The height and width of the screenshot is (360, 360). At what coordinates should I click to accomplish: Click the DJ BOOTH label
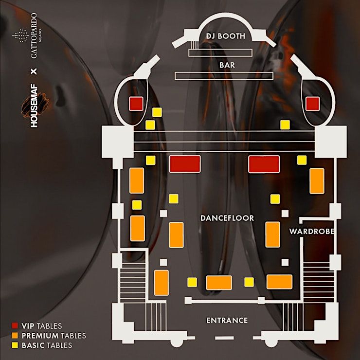click(x=225, y=36)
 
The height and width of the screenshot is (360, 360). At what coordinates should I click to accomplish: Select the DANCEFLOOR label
click(x=227, y=218)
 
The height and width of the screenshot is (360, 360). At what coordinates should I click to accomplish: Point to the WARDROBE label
click(x=311, y=231)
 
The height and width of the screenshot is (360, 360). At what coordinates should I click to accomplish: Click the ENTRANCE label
click(x=227, y=320)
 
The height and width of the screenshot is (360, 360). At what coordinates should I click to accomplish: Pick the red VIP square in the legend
click(x=15, y=326)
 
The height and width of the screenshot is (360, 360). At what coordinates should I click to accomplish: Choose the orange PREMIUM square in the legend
click(x=15, y=336)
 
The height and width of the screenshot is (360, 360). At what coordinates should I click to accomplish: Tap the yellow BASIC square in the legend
click(x=15, y=345)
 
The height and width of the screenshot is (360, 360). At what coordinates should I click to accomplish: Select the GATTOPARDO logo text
click(x=34, y=38)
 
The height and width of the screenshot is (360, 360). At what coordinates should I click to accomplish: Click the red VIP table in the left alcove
click(x=135, y=103)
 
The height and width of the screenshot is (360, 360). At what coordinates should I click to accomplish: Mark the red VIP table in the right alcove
click(x=313, y=103)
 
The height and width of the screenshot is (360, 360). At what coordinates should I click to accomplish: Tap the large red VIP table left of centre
click(x=185, y=164)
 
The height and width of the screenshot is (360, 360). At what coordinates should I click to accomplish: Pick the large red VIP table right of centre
click(x=264, y=164)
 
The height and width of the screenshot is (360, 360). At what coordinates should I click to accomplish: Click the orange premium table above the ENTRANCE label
click(x=219, y=282)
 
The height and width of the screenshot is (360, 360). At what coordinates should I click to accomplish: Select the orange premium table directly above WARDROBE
click(x=317, y=180)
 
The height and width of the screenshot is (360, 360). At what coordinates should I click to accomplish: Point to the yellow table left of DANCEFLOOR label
click(x=173, y=198)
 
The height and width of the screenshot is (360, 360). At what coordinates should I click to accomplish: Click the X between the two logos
click(x=34, y=72)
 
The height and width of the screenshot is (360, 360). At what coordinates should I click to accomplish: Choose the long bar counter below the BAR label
click(x=224, y=76)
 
